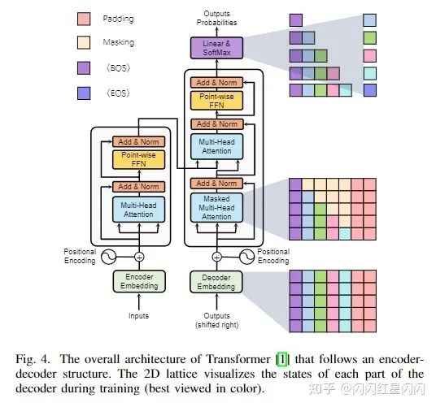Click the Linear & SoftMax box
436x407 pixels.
tap(216, 48)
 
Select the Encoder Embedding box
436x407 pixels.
tap(139, 282)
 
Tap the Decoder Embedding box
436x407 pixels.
tap(216, 282)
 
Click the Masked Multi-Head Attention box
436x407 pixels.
tap(216, 208)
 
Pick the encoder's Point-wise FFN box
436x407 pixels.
tap(138, 160)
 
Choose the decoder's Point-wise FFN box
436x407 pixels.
tap(216, 101)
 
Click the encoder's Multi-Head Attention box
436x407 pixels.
tap(138, 210)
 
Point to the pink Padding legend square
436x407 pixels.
tap(84, 19)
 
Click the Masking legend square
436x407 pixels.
tap(84, 42)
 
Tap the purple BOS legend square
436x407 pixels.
tap(84, 68)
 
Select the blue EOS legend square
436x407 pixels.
tap(84, 93)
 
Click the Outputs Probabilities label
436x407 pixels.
tap(216, 18)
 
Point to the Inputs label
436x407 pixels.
tap(138, 316)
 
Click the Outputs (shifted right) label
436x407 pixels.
tap(216, 320)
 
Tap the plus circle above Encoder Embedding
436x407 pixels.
tap(139, 257)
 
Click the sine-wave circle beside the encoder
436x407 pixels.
tap(108, 257)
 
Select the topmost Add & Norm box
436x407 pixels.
tap(216, 82)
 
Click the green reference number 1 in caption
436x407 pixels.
tap(282, 359)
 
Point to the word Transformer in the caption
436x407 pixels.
tap(238, 359)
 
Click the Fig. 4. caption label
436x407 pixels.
tap(33, 359)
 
